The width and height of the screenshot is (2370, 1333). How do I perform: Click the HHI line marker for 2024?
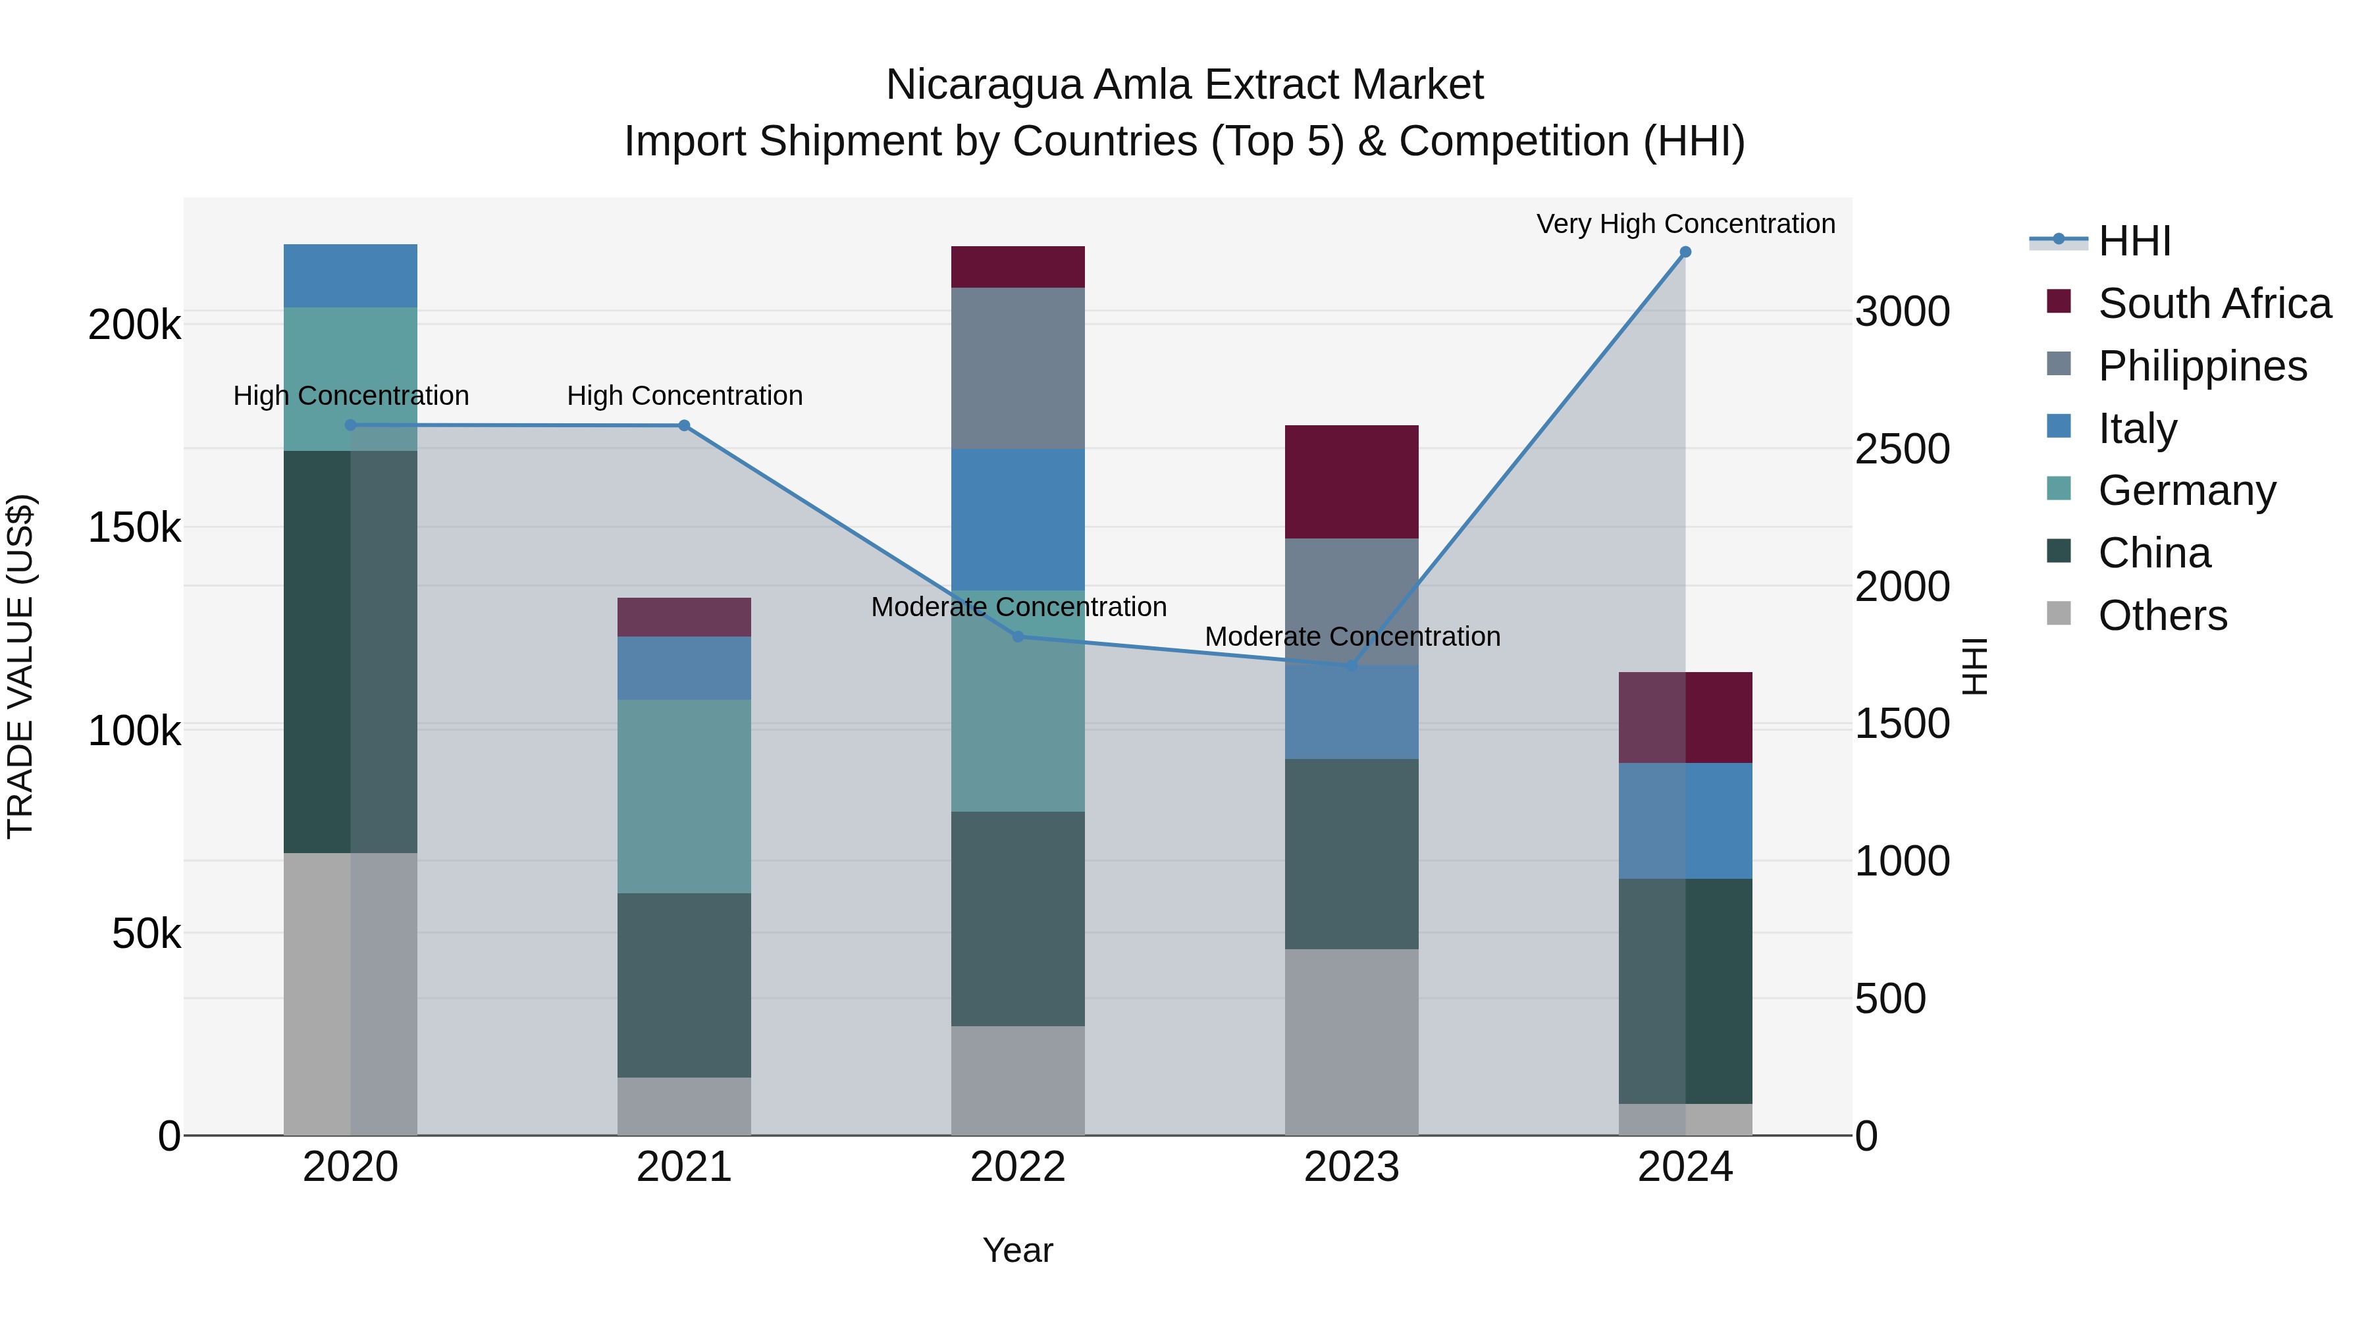(x=1685, y=252)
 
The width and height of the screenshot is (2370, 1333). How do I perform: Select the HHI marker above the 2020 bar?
(x=350, y=425)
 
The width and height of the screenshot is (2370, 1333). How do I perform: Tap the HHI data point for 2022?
(x=1018, y=637)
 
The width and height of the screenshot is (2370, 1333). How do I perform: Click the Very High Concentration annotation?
(x=1685, y=224)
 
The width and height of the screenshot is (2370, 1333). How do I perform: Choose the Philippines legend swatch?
(x=2059, y=364)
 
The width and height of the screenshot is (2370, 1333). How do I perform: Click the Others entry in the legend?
(x=2162, y=615)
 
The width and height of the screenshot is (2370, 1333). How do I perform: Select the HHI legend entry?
(x=2134, y=241)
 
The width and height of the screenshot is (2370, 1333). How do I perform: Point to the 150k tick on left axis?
(x=134, y=528)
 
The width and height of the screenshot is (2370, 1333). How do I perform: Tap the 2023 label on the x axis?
(x=1351, y=1167)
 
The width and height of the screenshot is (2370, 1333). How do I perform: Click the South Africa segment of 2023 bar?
(x=1351, y=481)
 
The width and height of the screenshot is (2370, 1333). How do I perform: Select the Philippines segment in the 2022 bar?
(x=1018, y=368)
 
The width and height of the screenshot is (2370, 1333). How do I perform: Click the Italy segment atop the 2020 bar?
(x=350, y=275)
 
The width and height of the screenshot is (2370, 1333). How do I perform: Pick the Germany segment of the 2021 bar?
(x=683, y=796)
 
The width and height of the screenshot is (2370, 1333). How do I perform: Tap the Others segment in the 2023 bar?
(x=1351, y=1041)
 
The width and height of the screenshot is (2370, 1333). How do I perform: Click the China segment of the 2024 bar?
(x=1685, y=991)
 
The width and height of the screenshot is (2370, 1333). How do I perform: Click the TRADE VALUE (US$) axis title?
(x=21, y=666)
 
